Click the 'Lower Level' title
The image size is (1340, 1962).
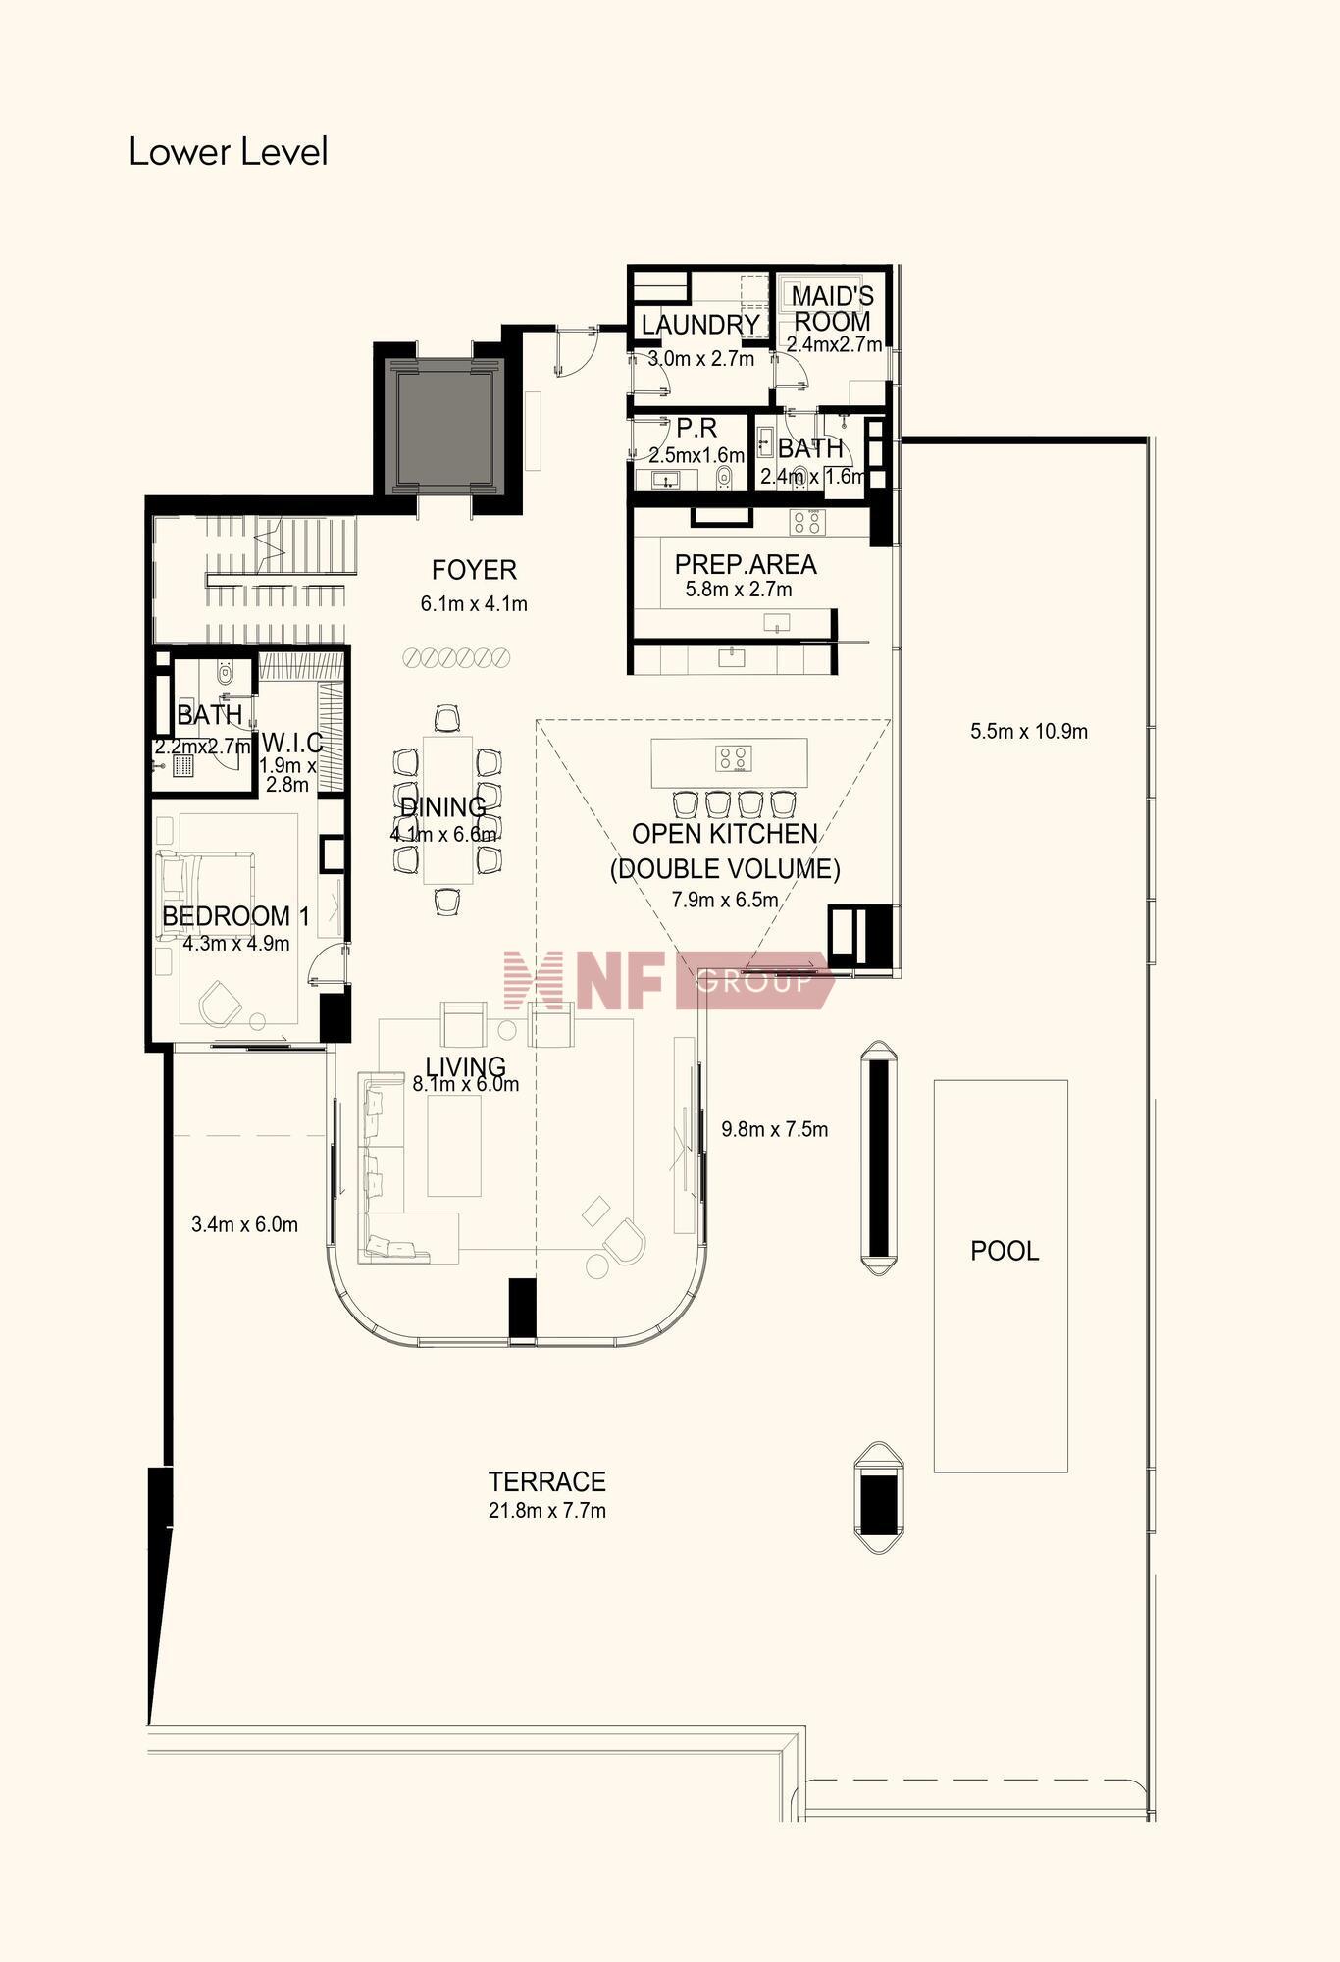(228, 152)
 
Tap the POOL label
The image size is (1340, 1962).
(1005, 1251)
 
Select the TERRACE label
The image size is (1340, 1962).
(547, 1481)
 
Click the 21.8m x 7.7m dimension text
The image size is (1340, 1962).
(547, 1510)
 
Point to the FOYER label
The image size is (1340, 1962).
(474, 570)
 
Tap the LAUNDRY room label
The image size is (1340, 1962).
(700, 325)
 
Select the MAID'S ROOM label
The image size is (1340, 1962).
(832, 309)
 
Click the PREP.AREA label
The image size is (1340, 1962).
(746, 565)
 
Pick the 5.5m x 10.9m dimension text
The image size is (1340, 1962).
(1029, 731)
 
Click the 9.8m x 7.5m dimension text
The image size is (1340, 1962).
(775, 1129)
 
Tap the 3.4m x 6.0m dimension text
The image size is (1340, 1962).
(244, 1224)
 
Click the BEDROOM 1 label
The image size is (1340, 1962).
(235, 916)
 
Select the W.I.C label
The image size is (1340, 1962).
(292, 743)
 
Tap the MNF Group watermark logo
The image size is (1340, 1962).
(668, 979)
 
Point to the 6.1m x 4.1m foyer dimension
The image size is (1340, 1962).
(474, 604)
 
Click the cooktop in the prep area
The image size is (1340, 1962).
(808, 522)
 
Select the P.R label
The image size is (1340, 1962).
(696, 429)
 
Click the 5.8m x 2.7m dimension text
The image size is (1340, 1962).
(739, 590)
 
